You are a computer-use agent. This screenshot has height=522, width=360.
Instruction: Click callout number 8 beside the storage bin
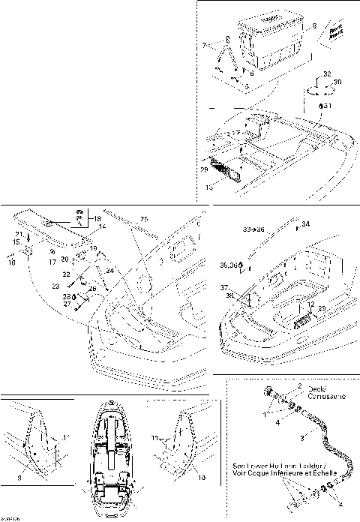(x=335, y=26)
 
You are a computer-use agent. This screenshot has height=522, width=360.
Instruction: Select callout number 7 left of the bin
(x=203, y=46)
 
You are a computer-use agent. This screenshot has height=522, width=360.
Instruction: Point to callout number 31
(x=327, y=106)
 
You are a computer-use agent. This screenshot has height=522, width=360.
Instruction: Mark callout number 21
(x=17, y=235)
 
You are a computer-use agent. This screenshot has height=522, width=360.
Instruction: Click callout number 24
(x=109, y=270)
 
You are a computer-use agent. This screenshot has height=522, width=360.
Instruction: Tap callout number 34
(x=305, y=223)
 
